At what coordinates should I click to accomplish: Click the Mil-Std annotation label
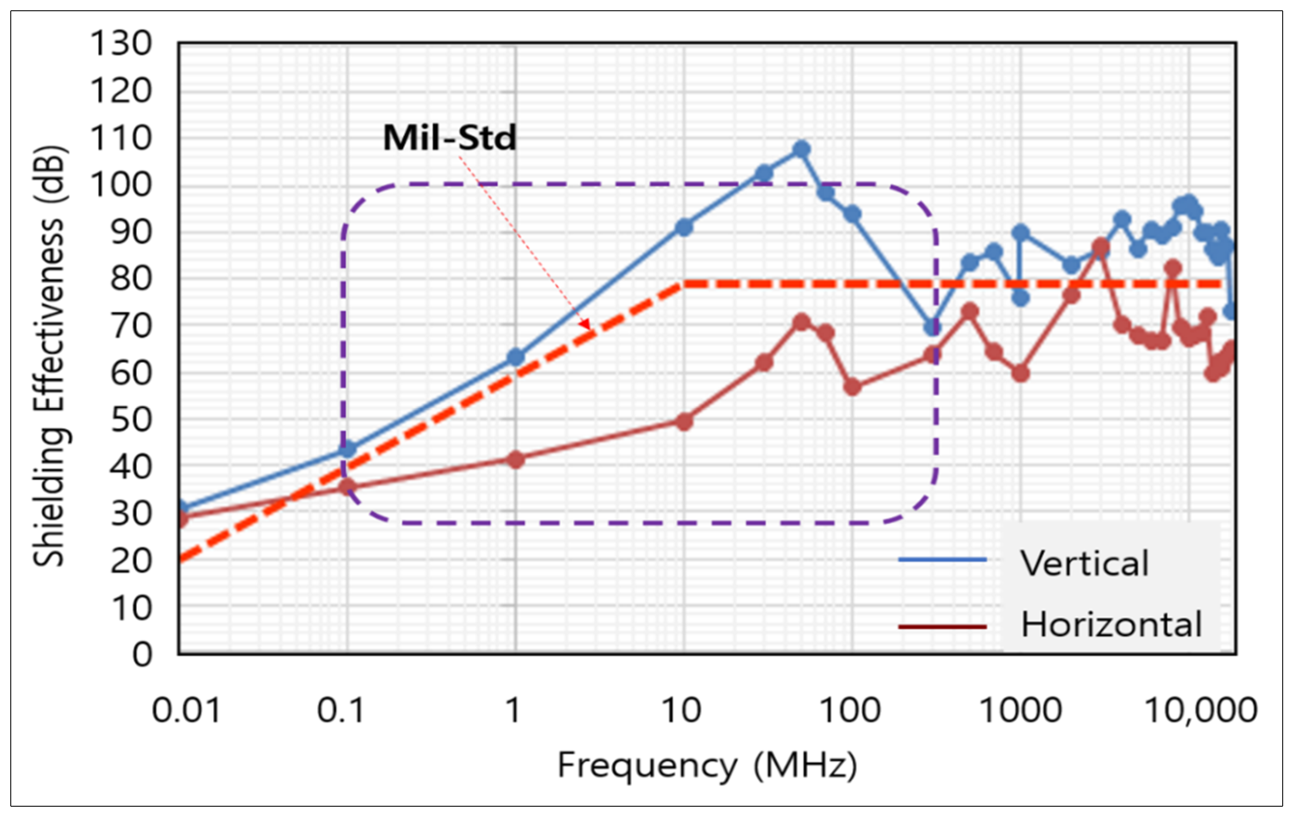click(449, 138)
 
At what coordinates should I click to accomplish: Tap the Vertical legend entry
click(1084, 564)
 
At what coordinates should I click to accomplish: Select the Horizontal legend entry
click(1111, 625)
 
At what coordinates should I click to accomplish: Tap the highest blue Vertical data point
click(801, 149)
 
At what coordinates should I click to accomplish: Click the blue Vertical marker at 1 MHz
click(516, 357)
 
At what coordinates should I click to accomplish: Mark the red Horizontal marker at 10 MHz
click(684, 421)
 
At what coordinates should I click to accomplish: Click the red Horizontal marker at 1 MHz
click(516, 459)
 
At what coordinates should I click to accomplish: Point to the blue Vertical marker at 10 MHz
click(684, 228)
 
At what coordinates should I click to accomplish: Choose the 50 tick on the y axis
click(131, 420)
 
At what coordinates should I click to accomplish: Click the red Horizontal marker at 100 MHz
click(852, 387)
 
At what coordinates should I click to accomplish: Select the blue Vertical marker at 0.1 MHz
click(347, 449)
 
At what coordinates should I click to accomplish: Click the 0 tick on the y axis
click(142, 655)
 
